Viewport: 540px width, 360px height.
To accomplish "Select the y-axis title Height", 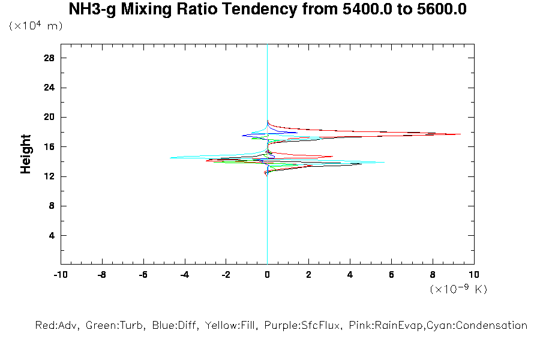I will [26, 155].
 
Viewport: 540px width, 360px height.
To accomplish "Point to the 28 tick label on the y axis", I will [49, 58].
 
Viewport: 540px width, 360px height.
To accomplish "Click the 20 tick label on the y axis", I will [49, 117].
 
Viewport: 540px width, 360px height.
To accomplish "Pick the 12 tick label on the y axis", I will [49, 176].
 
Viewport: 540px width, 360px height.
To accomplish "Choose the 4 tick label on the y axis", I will [52, 235].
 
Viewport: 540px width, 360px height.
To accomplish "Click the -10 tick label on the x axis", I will [60, 275].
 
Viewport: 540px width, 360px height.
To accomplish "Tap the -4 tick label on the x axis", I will [184, 275].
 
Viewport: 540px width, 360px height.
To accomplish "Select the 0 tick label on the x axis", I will [268, 275].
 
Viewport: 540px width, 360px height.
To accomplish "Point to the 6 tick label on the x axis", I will [391, 275].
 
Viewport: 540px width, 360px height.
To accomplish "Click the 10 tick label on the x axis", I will [474, 275].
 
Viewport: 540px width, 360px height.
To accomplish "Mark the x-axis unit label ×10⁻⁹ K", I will [458, 289].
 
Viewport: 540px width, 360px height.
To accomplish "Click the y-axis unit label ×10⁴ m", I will [36, 26].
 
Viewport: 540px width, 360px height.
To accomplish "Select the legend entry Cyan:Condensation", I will [484, 326].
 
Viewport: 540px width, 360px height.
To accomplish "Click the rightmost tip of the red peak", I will [461, 134].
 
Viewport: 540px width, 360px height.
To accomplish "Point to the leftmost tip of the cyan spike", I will [170, 158].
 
